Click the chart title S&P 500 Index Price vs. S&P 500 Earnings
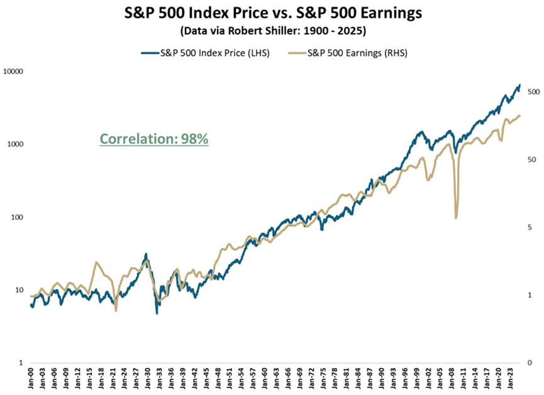click(x=272, y=13)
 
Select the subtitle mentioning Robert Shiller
click(x=272, y=30)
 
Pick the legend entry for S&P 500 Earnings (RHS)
click(x=352, y=53)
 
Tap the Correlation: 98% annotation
click(x=154, y=139)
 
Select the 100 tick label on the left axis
click(x=16, y=217)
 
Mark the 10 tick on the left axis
click(x=18, y=290)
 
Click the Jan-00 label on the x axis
click(x=31, y=379)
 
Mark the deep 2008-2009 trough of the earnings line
click(x=456, y=218)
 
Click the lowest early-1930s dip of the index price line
click(x=157, y=313)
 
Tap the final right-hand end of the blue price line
click(x=520, y=85)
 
